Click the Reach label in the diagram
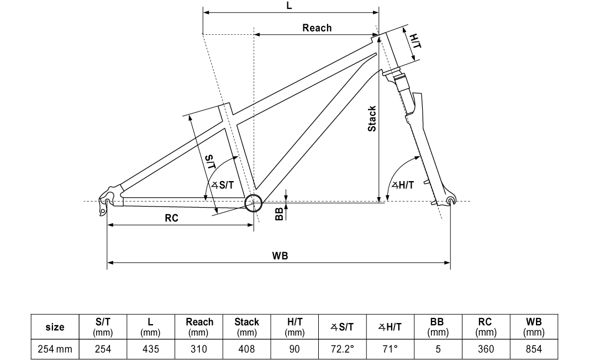click(x=317, y=28)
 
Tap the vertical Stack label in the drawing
click(x=372, y=118)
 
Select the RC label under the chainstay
click(x=171, y=218)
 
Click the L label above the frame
click(x=290, y=5)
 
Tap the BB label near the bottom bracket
click(x=280, y=213)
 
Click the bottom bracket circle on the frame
click(x=253, y=203)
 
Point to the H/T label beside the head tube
click(x=416, y=40)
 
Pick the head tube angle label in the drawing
click(x=403, y=185)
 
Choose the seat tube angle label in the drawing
click(x=223, y=186)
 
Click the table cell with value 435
click(x=150, y=349)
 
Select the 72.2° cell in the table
click(x=341, y=349)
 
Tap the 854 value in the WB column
click(x=534, y=349)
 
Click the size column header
click(x=54, y=327)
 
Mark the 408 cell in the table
click(x=246, y=349)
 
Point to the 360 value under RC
click(x=486, y=349)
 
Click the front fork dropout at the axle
click(x=450, y=199)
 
